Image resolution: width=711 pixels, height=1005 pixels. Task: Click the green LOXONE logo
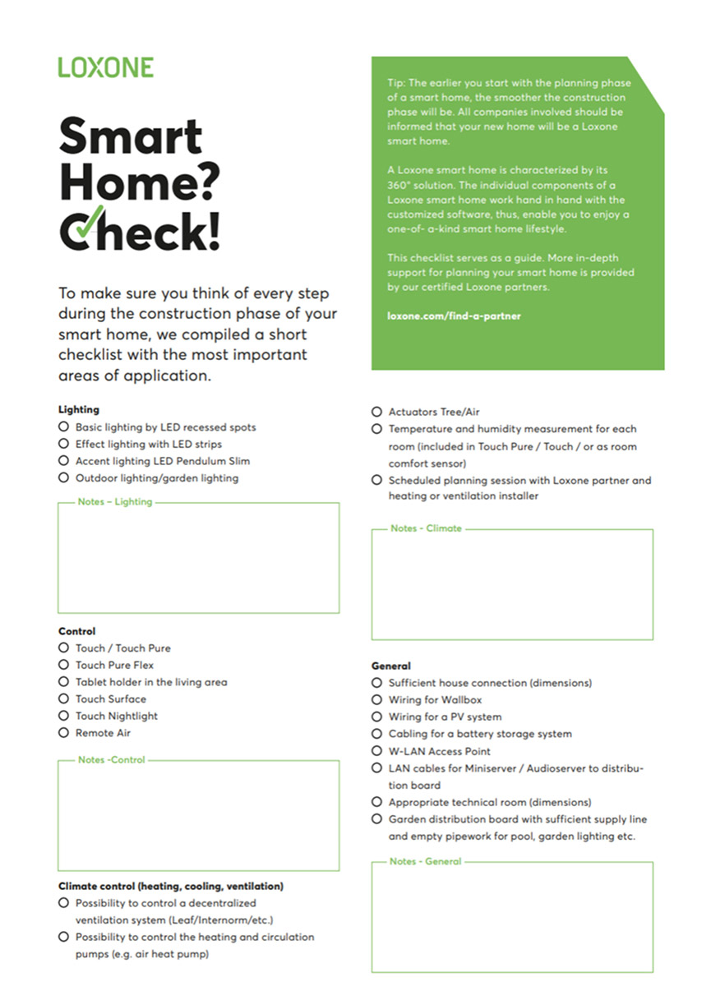tap(105, 67)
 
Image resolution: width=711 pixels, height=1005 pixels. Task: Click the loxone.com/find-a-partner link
tap(454, 316)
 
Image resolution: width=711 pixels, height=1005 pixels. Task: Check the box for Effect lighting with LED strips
tap(63, 445)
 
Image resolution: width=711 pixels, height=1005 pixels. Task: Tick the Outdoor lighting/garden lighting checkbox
tap(63, 478)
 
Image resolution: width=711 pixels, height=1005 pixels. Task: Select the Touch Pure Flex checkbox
tap(63, 665)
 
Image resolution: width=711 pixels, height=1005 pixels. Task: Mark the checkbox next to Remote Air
tap(63, 733)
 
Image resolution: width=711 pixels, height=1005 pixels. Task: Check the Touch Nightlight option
tap(63, 716)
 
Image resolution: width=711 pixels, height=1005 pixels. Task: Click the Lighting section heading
tap(79, 409)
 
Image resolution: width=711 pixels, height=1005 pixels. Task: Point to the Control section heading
tap(77, 631)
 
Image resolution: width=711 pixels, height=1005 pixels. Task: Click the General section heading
tap(391, 666)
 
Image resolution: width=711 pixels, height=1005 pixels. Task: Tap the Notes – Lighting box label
tap(115, 502)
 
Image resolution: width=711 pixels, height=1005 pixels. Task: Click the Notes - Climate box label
tap(426, 528)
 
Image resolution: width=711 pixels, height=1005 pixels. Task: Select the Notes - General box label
tap(426, 862)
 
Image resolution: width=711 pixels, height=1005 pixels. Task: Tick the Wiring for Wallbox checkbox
tap(376, 700)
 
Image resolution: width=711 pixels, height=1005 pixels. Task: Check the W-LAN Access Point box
tap(376, 751)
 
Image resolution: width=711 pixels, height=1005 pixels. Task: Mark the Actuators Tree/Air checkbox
tap(376, 412)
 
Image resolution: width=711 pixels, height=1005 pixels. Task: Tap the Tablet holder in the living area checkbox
tap(63, 682)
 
